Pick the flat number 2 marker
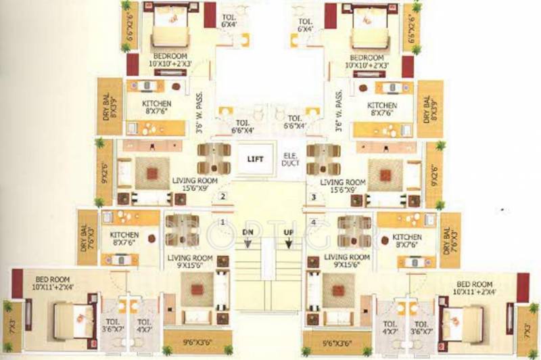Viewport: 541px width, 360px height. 222,198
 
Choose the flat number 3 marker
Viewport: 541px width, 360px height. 313,198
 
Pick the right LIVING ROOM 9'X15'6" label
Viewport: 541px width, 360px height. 346,261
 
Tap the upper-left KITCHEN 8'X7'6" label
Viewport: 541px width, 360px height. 157,108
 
